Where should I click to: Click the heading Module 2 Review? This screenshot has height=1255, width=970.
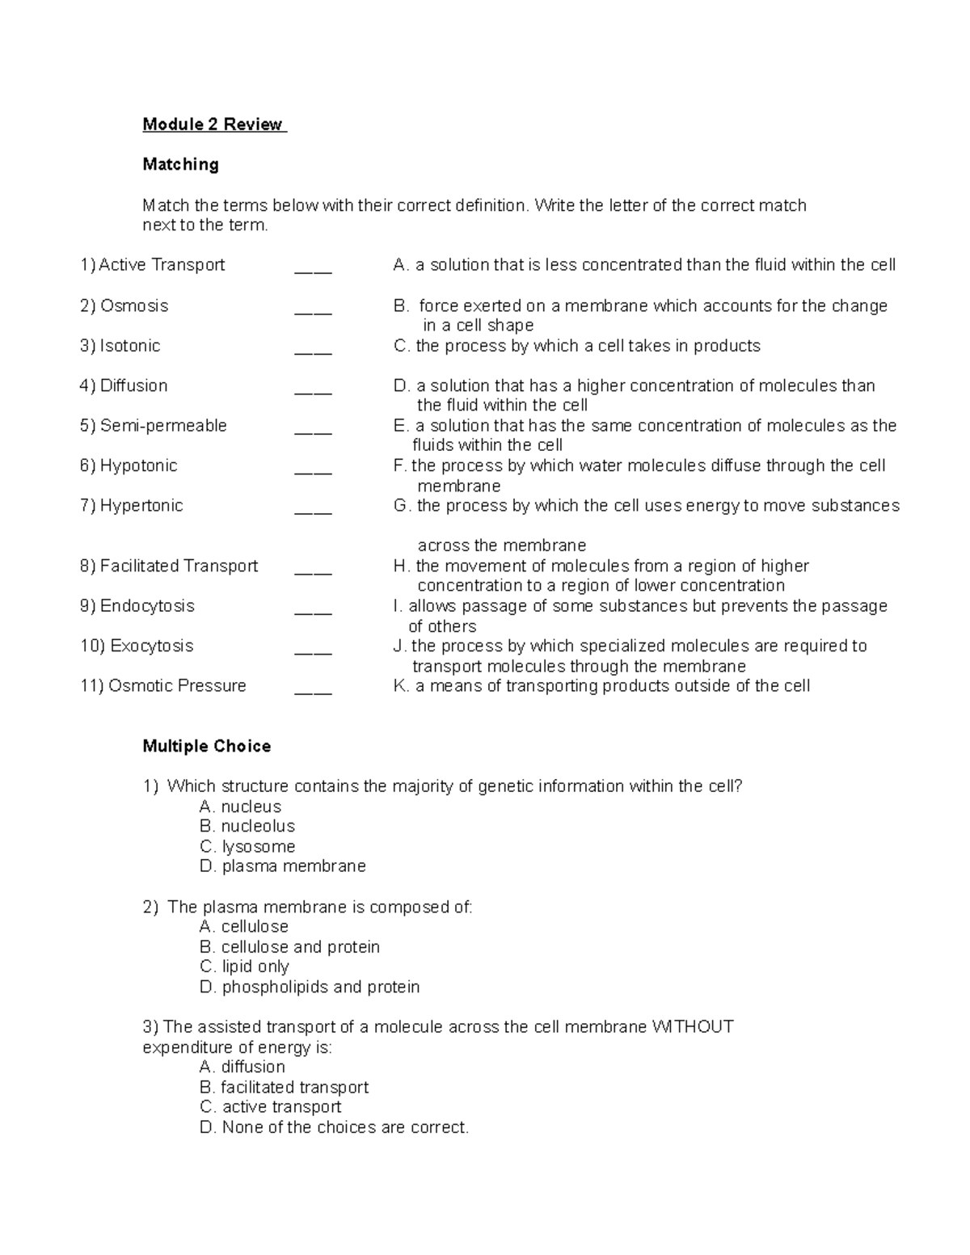click(x=213, y=124)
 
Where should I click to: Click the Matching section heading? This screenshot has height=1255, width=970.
click(x=180, y=165)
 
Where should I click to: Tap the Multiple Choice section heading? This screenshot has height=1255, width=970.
click(x=206, y=747)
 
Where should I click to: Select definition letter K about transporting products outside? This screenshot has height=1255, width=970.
click(x=601, y=687)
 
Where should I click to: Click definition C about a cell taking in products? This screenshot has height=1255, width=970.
click(x=576, y=347)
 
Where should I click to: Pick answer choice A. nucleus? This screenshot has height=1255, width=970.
click(x=240, y=807)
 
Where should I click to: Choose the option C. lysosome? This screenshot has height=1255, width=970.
click(x=247, y=847)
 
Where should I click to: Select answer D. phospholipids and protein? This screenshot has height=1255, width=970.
click(x=310, y=988)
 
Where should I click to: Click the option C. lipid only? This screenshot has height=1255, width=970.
click(x=244, y=967)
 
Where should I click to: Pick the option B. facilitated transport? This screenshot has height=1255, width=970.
click(x=284, y=1088)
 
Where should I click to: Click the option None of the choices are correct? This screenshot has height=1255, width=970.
click(x=334, y=1127)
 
